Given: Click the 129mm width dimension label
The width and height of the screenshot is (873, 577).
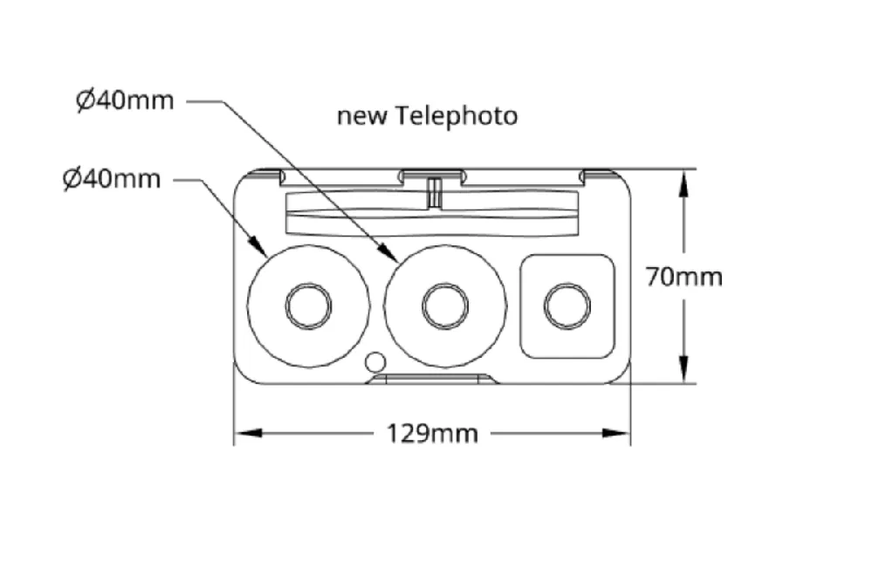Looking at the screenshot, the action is pos(433,433).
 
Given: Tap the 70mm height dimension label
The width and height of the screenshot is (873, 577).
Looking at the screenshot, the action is pos(684,277).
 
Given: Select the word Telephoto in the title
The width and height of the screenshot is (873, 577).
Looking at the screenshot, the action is pos(457,116).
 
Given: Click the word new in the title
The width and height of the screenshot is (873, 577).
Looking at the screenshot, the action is pos(361,117).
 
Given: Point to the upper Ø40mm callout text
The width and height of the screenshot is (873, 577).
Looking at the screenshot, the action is pos(125,100).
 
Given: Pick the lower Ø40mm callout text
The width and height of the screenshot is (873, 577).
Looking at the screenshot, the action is pos(112,179).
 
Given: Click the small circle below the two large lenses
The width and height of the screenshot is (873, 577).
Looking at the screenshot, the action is pos(375,362).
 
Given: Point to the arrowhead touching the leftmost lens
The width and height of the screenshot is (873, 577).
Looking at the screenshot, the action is pos(258,246).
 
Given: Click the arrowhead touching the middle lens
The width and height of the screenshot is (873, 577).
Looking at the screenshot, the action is pos(388,252).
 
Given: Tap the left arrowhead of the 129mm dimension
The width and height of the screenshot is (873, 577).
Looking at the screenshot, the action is pos(248,433).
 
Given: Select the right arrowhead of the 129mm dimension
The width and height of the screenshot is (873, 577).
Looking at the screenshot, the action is pos(616,433).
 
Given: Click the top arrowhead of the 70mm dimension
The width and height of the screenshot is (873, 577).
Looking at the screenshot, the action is pos(684,183).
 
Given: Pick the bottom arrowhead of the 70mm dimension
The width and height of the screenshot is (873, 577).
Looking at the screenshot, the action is pos(684,369).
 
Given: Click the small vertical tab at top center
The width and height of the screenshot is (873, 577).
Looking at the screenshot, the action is pos(434,192).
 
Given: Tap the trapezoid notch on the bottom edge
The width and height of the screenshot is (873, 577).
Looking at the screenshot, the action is pos(431,379).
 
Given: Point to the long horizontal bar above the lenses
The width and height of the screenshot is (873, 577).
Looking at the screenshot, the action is pos(431,214).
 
